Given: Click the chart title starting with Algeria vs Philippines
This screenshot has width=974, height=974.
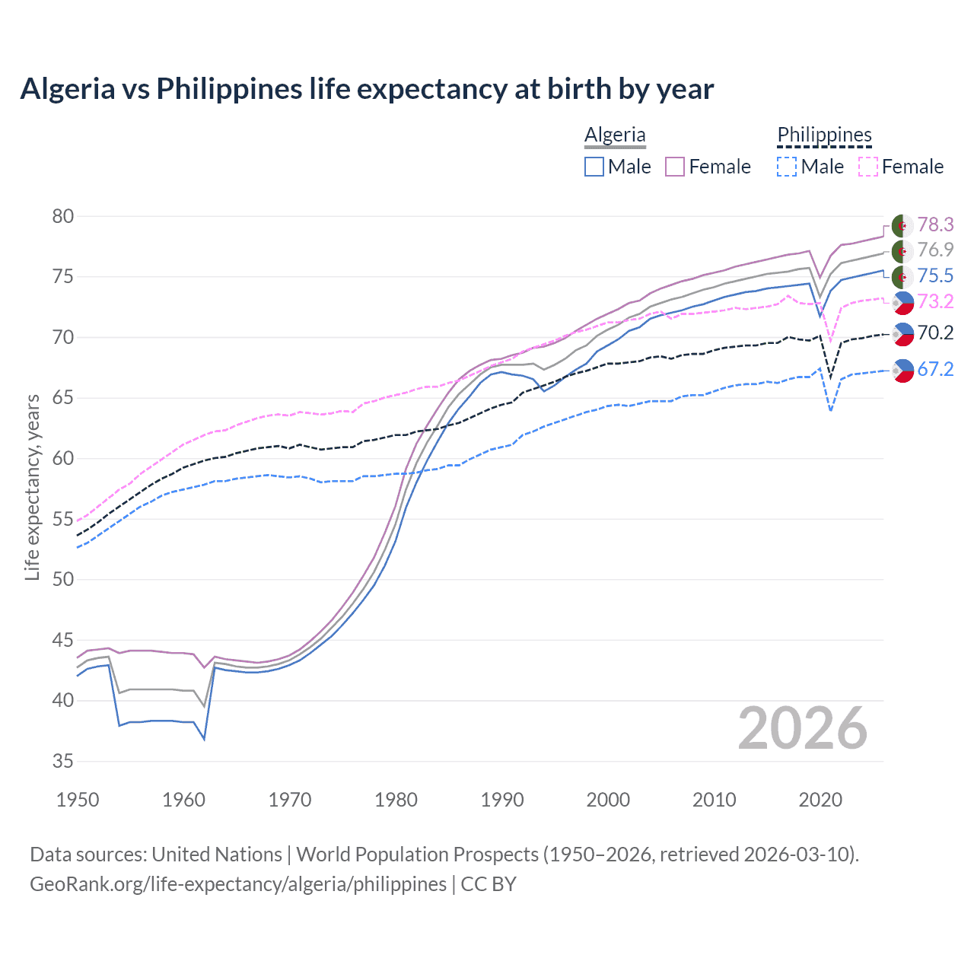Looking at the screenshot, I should [x=367, y=89].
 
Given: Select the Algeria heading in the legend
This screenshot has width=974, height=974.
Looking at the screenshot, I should [x=615, y=135].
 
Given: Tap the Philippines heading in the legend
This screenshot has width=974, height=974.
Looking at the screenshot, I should [x=824, y=135].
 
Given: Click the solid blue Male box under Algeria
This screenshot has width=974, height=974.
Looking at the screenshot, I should [x=594, y=167].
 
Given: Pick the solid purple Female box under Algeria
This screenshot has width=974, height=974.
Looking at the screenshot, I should [x=675, y=167].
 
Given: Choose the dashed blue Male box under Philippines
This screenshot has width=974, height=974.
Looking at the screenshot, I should [x=787, y=167].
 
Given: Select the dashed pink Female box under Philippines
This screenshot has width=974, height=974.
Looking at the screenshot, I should [x=868, y=167].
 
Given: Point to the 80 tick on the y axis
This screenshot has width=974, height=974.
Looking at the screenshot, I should [x=63, y=217].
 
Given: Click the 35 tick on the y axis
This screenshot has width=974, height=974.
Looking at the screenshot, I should [x=63, y=761].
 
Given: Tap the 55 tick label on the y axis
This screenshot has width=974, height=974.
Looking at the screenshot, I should [x=63, y=519].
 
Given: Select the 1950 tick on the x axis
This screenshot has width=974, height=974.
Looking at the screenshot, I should [x=78, y=800].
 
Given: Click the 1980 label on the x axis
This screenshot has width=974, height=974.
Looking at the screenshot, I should [x=396, y=800].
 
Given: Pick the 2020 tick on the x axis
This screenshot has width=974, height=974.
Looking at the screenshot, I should [x=820, y=800].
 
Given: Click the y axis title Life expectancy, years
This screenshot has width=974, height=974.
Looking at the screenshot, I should [x=32, y=487].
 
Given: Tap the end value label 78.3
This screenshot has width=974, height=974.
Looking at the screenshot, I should [x=935, y=224].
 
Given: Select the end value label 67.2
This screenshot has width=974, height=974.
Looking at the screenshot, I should [x=935, y=370].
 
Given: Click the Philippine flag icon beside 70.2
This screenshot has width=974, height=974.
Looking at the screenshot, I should [x=902, y=333].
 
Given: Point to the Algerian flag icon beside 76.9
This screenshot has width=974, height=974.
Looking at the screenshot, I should [x=902, y=251].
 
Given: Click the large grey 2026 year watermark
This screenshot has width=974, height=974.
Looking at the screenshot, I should [x=803, y=729].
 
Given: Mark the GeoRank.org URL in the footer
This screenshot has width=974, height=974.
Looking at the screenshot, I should [x=238, y=884].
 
